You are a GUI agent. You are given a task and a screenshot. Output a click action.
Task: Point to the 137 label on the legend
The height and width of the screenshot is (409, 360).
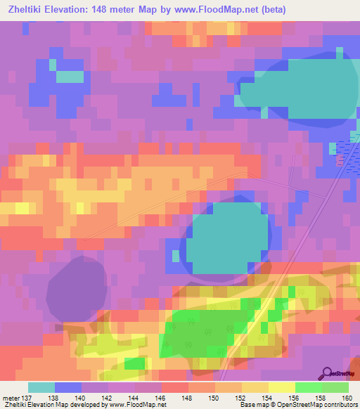point(27,397)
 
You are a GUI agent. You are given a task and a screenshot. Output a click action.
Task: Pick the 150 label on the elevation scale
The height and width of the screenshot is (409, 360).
point(215,397)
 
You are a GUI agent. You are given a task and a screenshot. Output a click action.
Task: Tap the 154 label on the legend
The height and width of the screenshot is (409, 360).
point(269,397)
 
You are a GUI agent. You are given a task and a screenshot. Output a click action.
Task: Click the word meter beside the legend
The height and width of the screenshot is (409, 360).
point(10,397)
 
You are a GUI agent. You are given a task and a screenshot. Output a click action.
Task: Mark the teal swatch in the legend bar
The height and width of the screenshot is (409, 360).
point(41,387)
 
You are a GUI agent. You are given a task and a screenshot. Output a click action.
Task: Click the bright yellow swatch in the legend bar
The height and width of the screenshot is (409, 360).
point(282,387)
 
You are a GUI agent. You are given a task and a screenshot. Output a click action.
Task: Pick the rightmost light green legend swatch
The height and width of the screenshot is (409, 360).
point(335,387)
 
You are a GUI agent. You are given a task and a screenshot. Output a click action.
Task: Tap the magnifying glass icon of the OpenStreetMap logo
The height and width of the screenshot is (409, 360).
point(326,372)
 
